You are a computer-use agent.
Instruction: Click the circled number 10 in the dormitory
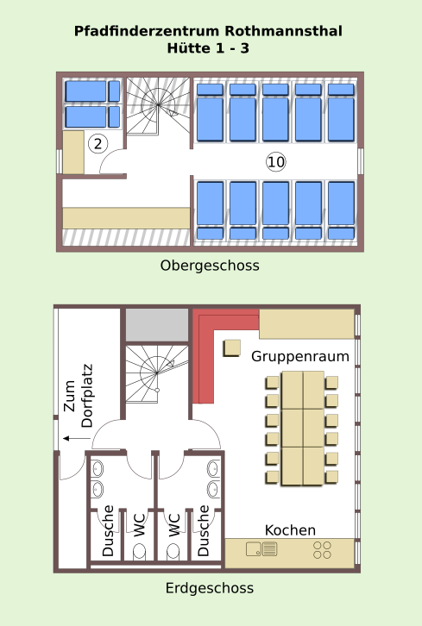276,162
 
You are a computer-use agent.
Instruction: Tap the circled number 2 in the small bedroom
98,143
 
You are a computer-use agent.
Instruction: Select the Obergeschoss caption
210,266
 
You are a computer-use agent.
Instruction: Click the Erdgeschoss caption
210,588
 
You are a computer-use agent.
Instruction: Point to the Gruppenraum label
300,356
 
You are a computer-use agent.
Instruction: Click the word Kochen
290,530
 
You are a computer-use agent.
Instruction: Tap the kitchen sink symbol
261,549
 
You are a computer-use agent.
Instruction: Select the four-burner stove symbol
322,550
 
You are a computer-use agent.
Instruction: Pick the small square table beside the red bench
232,347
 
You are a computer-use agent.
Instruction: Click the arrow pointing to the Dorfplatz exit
76,438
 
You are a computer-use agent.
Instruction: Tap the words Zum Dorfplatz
79,396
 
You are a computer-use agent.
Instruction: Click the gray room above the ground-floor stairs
157,325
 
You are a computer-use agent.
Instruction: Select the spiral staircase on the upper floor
158,106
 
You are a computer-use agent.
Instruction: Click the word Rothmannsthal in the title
283,31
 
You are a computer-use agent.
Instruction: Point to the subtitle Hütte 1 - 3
208,48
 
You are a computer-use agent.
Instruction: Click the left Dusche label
108,531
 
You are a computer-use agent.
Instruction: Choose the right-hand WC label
173,525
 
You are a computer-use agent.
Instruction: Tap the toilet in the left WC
139,551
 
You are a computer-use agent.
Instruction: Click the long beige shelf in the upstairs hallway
126,218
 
